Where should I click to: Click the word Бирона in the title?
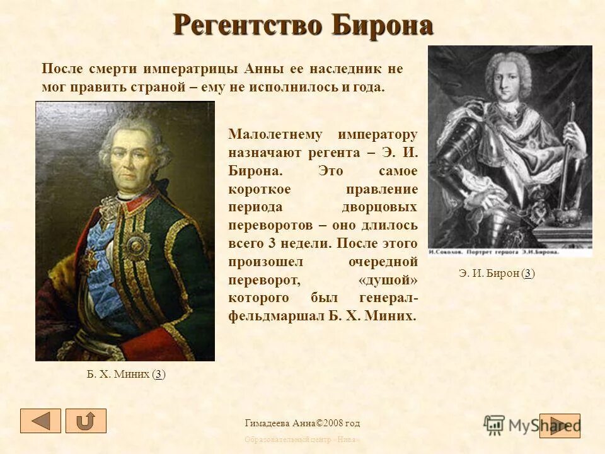[x=383, y=26]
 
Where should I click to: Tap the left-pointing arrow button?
[x=40, y=421]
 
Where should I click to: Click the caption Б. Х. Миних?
[x=118, y=374]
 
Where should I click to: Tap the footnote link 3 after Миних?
[x=159, y=374]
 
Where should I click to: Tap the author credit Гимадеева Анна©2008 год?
[x=302, y=423]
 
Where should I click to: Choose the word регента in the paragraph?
[x=333, y=153]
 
